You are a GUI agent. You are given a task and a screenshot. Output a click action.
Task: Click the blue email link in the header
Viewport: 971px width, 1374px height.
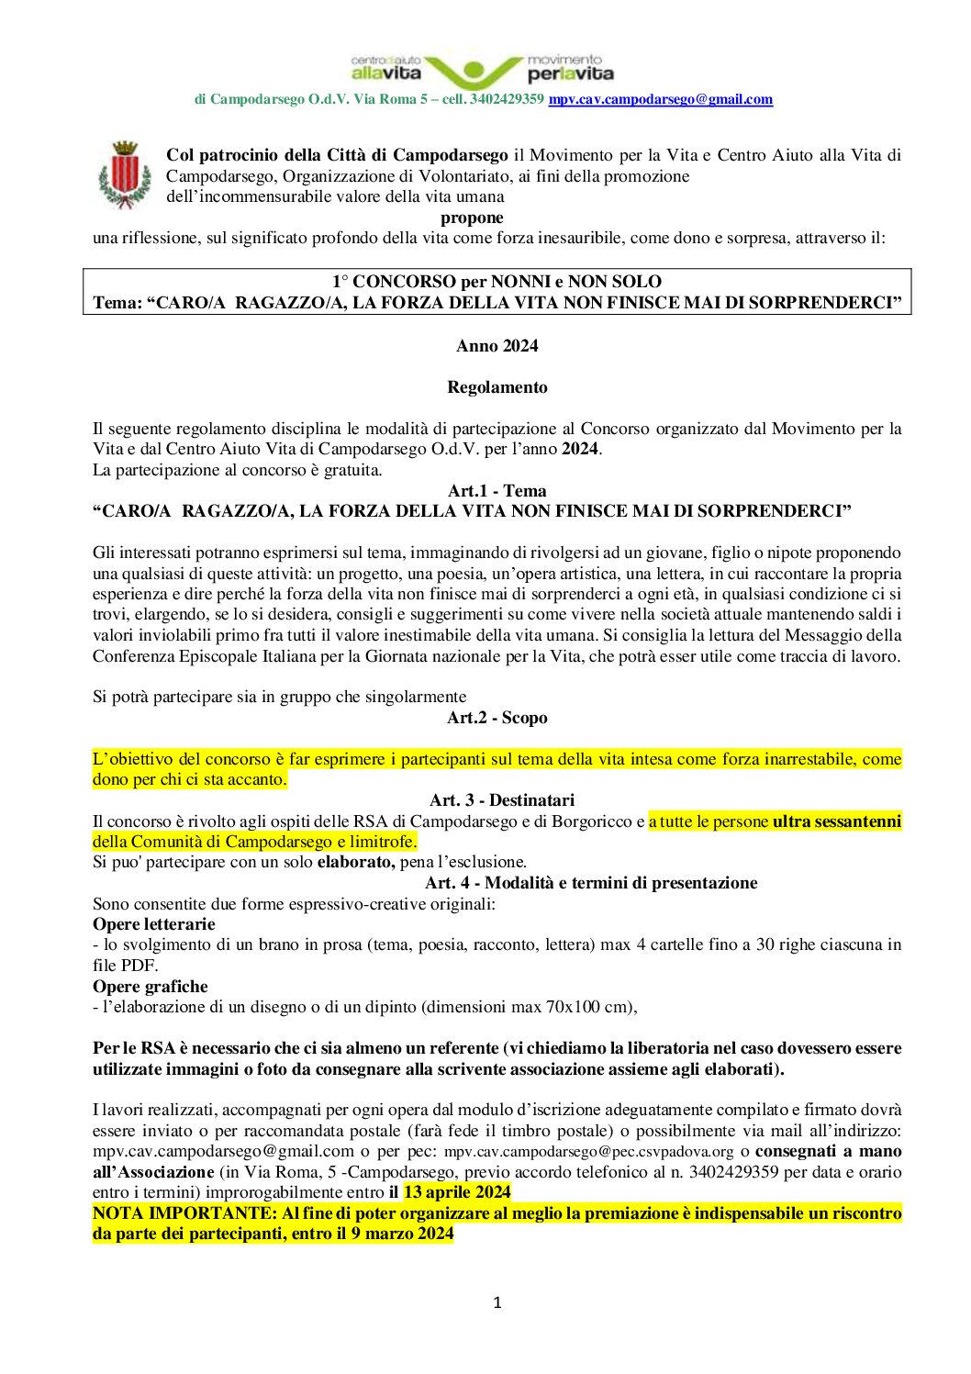(x=660, y=99)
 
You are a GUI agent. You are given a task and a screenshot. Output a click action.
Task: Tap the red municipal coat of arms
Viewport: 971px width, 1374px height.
(x=125, y=174)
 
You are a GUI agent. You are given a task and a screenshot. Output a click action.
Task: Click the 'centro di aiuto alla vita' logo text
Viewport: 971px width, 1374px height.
(x=385, y=68)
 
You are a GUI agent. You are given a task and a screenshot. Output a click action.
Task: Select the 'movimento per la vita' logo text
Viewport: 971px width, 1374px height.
(x=570, y=68)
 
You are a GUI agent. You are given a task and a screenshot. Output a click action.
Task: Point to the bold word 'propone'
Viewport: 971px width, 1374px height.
(x=472, y=218)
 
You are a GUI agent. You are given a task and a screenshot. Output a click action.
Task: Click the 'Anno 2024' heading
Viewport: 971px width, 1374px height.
(x=497, y=346)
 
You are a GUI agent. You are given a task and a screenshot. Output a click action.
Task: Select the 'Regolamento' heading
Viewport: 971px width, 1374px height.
(x=497, y=387)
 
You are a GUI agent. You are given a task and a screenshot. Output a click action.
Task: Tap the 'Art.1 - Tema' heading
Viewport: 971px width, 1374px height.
(x=497, y=491)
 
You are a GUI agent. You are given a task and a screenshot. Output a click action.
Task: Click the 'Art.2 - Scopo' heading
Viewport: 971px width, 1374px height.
(x=497, y=718)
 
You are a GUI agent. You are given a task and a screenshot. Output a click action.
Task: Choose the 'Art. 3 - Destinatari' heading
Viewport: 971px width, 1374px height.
(x=501, y=800)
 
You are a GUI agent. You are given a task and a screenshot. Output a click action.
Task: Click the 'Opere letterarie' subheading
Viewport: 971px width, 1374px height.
(x=154, y=924)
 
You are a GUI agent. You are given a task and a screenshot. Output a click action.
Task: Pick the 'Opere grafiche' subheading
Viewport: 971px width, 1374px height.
(x=151, y=987)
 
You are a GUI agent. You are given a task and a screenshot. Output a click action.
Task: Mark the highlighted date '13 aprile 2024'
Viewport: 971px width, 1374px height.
(x=457, y=1192)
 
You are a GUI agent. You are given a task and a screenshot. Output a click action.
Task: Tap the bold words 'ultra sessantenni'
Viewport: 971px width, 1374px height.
(x=836, y=821)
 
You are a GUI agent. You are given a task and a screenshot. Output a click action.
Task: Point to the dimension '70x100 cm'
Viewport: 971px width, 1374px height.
(x=588, y=1007)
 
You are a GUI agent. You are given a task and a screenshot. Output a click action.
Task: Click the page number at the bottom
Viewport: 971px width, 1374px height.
(x=497, y=1302)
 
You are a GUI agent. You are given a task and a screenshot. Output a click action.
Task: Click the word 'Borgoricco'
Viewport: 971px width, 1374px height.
(x=594, y=821)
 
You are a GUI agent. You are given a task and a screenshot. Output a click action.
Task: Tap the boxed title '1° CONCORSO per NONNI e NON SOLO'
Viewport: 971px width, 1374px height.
(x=497, y=282)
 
